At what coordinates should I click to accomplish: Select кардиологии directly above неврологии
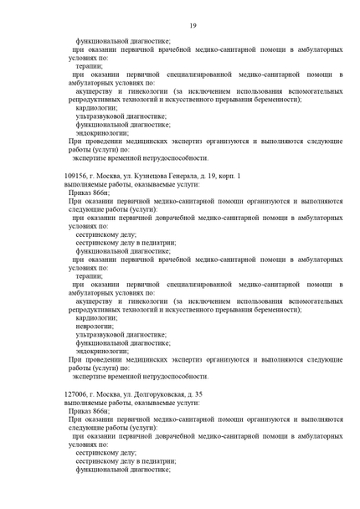click(95, 317)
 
